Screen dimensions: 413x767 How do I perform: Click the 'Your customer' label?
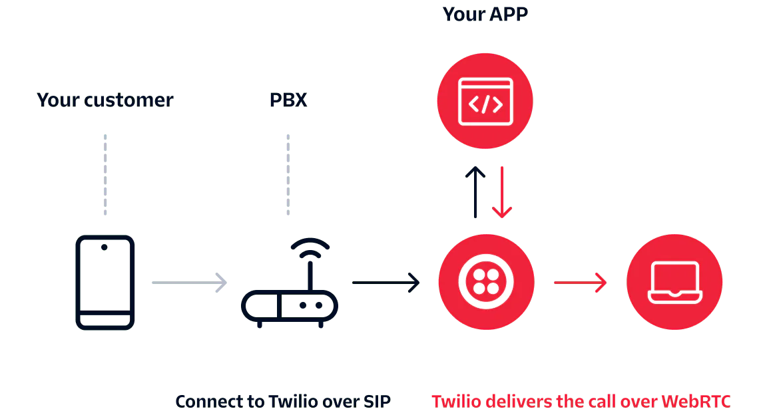coord(104,102)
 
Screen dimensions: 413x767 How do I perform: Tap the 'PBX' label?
coord(287,102)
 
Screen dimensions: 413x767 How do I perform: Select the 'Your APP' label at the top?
coord(485,13)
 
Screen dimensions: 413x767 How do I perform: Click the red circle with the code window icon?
coord(485,101)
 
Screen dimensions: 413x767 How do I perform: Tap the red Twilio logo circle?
coord(487,282)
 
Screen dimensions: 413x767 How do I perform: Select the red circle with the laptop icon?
coord(674,282)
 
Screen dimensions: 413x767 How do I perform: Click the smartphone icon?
coord(105,282)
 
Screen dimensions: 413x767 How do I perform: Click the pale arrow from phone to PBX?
coord(188,282)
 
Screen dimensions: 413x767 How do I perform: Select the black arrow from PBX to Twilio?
coord(385,281)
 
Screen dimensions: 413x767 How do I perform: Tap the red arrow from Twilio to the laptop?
coord(579,283)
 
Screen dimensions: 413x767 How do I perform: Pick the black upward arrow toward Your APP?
coord(476,193)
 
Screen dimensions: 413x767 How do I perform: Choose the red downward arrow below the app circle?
coord(501,193)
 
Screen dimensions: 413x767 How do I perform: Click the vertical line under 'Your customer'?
coord(107,175)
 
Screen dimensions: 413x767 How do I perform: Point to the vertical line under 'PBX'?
coord(288,175)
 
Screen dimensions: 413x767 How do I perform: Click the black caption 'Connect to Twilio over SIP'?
coord(285,401)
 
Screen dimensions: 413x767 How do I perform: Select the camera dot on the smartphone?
coord(104,247)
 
